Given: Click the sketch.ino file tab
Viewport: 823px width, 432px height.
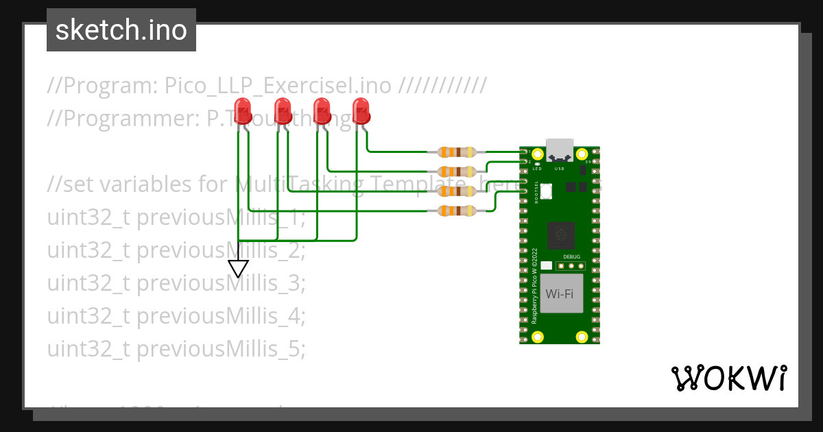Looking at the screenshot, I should click(x=121, y=30).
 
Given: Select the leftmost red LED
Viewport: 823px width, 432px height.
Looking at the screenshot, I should click(x=242, y=110).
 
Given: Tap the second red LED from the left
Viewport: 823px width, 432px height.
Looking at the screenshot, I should click(x=282, y=110).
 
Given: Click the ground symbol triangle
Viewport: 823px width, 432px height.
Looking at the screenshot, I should click(x=238, y=268).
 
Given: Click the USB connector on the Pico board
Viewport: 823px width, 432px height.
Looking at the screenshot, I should click(x=560, y=150).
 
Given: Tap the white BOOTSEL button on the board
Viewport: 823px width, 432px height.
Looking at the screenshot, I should click(x=547, y=191).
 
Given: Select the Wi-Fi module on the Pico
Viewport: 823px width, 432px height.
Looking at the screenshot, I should click(x=561, y=294).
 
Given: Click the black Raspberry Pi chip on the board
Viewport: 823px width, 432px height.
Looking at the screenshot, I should click(x=562, y=235).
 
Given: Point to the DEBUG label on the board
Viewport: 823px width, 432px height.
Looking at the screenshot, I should click(x=571, y=256).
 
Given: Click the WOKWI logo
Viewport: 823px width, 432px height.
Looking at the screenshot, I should click(x=728, y=378).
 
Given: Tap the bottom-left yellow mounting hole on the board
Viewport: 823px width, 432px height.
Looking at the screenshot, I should click(x=538, y=337).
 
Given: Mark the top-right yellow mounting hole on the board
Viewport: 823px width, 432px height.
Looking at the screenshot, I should click(x=582, y=154).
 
